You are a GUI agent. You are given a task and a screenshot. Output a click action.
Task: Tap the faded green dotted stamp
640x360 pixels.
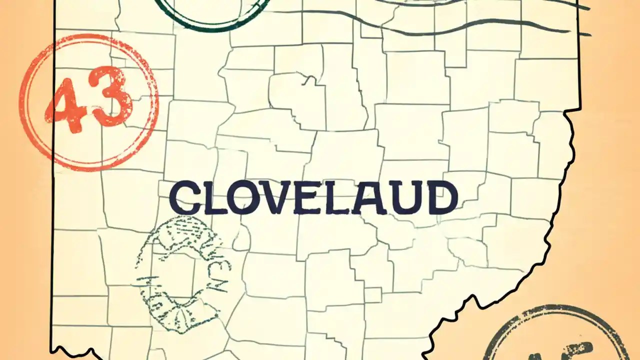tap(182, 277)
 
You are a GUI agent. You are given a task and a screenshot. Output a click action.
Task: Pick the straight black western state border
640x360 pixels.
tap(52, 200)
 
